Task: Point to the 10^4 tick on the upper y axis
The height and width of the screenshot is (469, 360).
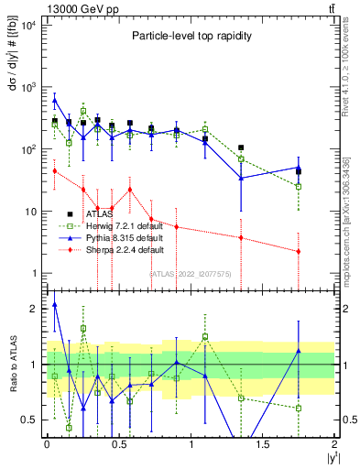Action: (x=28, y=25)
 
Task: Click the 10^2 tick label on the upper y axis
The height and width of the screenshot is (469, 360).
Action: (x=28, y=149)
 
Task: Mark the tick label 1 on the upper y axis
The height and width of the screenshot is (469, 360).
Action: (x=33, y=273)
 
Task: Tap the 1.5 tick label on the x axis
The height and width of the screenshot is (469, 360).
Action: (x=263, y=444)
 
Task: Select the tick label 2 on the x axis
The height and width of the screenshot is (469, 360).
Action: (x=335, y=444)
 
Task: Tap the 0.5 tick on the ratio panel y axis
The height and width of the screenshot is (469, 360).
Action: (x=30, y=420)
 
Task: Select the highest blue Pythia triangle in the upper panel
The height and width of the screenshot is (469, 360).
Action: (x=55, y=100)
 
